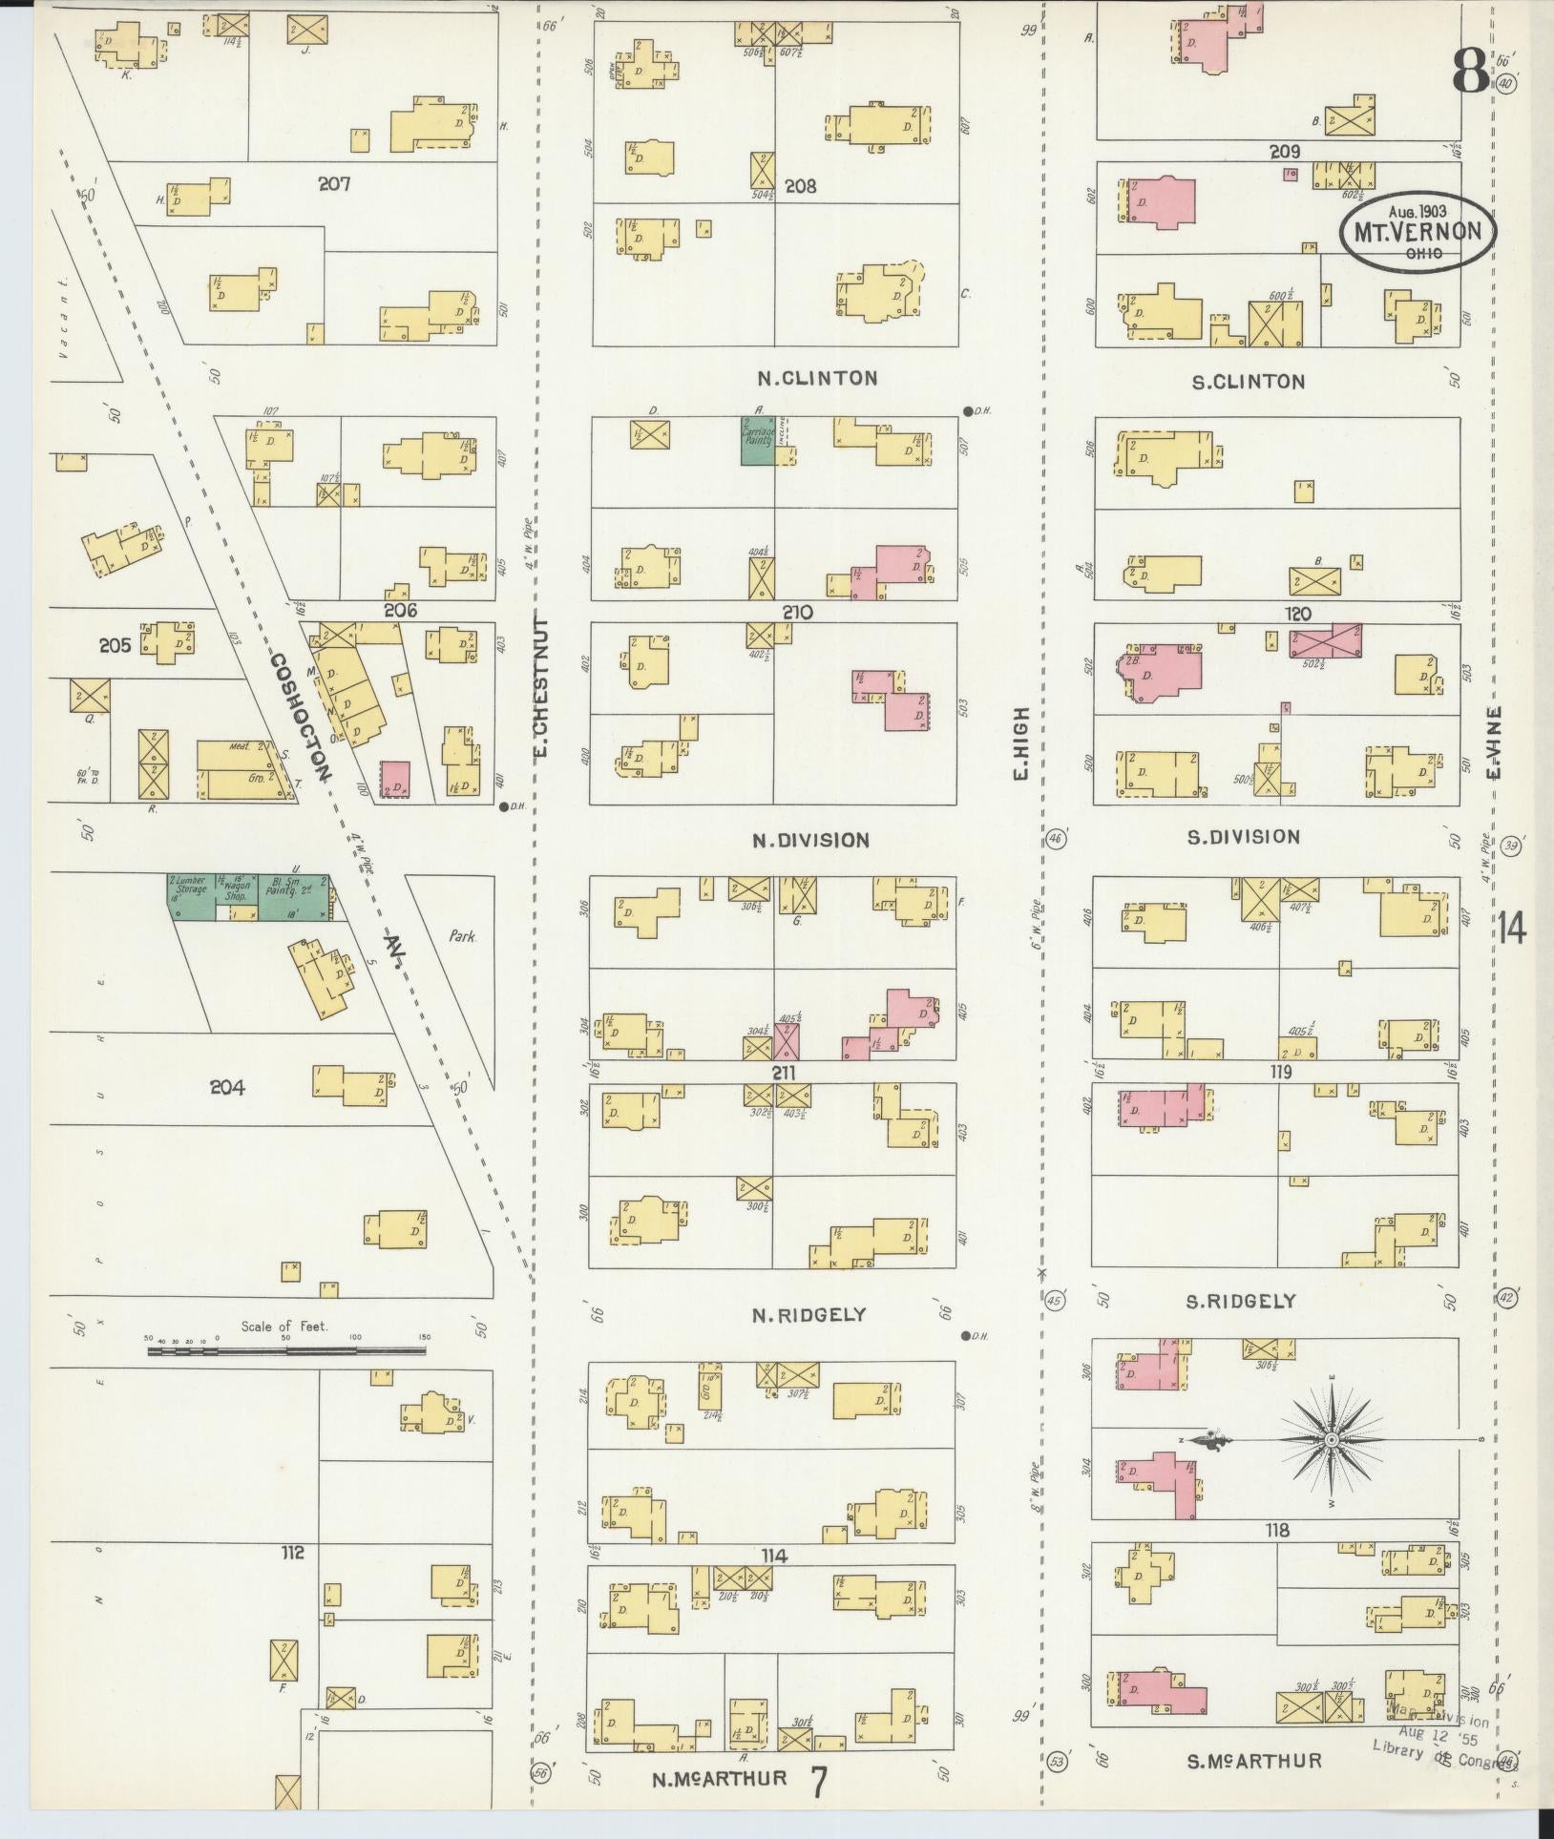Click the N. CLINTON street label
pos(816,378)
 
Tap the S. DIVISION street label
pos(1243,837)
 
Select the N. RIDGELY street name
pos(808,1314)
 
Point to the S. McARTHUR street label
pos(1253,1761)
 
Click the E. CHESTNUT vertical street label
pos(541,686)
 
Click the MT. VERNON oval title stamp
pos(1417,231)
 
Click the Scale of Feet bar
pos(286,1350)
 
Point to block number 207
pos(334,183)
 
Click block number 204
pos(227,1087)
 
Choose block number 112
pos(292,1553)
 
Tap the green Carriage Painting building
pos(758,440)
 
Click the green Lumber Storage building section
pos(190,896)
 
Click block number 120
pos(1298,614)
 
